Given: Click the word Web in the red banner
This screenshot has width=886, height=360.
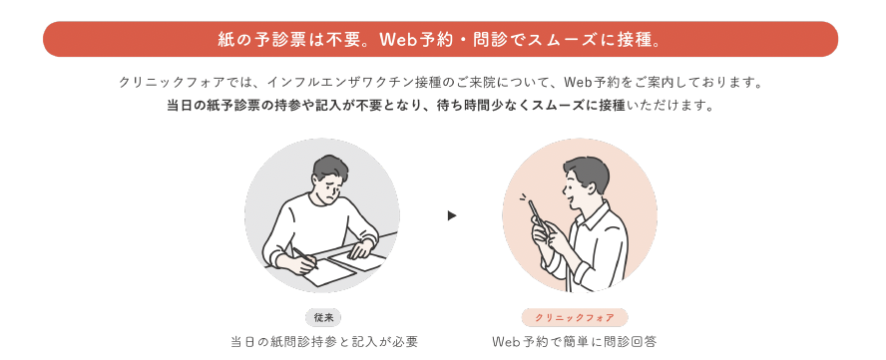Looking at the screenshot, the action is pos(398,40).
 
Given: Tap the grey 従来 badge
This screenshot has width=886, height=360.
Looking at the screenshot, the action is pos(324,317).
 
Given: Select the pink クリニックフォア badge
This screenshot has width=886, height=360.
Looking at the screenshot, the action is pos(575,317).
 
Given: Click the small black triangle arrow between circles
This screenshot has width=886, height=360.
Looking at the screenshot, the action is pos(451,215).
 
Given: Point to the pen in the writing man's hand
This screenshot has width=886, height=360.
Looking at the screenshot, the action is pos(304,257).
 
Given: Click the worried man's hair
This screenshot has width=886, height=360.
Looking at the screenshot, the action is pos(331,168).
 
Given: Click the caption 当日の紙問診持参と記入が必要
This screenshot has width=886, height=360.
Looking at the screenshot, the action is pos(324,342).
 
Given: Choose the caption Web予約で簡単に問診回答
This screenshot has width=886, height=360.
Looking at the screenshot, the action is pos(575,342).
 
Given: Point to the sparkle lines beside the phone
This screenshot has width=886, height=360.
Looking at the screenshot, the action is pos(524,198).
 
